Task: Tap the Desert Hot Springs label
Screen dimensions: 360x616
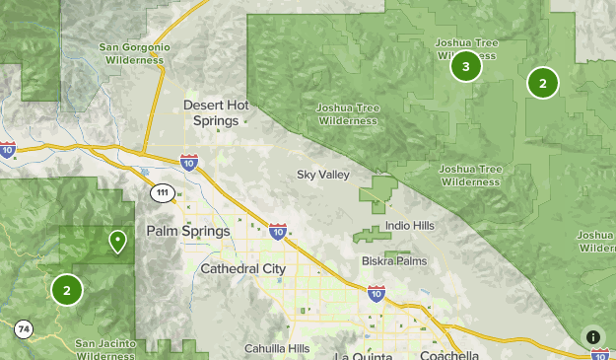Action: coord(210,111)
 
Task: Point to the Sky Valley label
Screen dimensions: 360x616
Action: coord(323,175)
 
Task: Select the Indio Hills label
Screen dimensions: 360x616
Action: coord(409,226)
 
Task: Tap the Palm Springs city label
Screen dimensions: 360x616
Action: coord(187,231)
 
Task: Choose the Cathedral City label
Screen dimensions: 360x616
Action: coord(242,268)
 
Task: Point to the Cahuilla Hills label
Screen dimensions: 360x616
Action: coord(278,348)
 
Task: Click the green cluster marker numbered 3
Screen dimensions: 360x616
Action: coord(465,66)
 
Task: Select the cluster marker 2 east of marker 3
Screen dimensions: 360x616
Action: coord(542,83)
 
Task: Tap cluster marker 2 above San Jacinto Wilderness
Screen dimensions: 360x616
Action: coord(66,290)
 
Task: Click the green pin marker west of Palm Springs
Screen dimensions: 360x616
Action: coord(117,240)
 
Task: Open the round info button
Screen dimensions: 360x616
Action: coord(593,337)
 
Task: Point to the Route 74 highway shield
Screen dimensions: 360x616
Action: coord(23,328)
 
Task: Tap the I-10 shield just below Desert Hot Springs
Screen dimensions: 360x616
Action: coord(189,161)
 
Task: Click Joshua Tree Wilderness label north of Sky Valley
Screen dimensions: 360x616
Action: coord(347,114)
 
